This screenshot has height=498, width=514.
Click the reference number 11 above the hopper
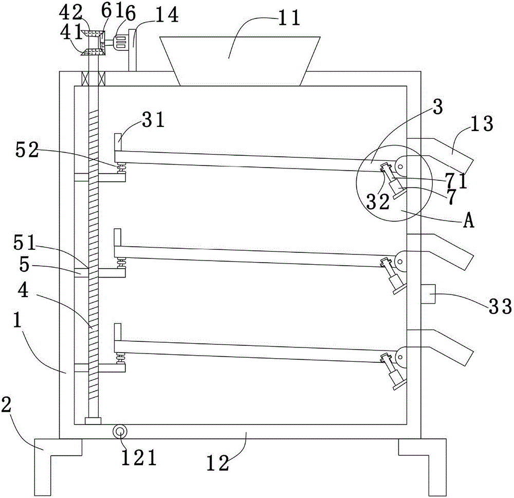pos(289,18)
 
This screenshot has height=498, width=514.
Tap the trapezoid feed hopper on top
pos(240,61)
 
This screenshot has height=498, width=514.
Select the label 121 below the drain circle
pos(139,457)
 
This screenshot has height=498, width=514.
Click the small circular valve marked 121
pos(120,432)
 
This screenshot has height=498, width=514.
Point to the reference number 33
pos(500,306)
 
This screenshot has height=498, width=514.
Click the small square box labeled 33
pos(428,294)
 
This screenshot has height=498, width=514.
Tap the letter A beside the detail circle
pos(469,220)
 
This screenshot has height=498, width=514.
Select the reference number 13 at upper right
pos(482,124)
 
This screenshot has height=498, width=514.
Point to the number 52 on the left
pos(27,150)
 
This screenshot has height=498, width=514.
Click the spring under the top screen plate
pos(122,169)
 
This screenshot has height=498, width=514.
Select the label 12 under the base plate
pos(217,464)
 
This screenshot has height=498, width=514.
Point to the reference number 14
pos(167,15)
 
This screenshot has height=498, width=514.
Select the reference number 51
pos(24,243)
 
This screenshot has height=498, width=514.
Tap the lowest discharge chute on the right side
pos(440,348)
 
